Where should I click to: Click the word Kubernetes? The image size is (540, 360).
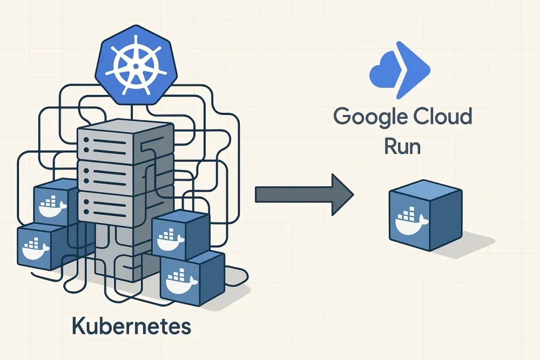[x=131, y=327]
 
